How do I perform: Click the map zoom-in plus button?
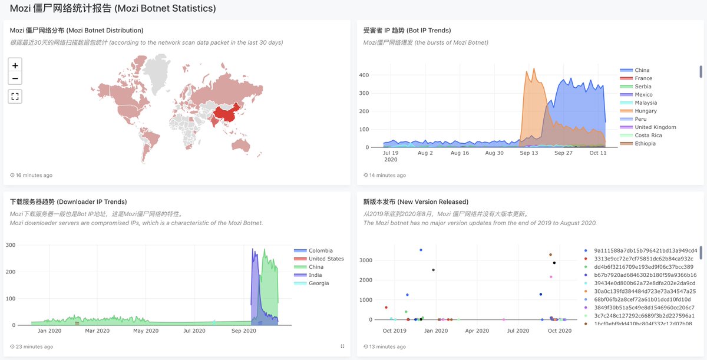pyautogui.click(x=15, y=65)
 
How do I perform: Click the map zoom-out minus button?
pyautogui.click(x=15, y=78)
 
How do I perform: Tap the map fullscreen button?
pyautogui.click(x=15, y=96)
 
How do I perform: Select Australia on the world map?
pyautogui.click(x=241, y=146)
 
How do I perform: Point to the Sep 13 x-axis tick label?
pyautogui.click(x=528, y=153)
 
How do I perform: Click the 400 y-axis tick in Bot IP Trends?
pyautogui.click(x=364, y=75)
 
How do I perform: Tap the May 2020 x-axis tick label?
pyautogui.click(x=146, y=331)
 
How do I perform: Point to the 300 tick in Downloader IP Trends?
pyautogui.click(x=11, y=245)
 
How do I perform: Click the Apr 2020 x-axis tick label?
pyautogui.click(x=477, y=331)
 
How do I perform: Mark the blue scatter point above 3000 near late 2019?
pyautogui.click(x=421, y=250)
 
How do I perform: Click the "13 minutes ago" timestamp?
pyautogui.click(x=387, y=346)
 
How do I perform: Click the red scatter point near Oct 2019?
pyautogui.click(x=386, y=308)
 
